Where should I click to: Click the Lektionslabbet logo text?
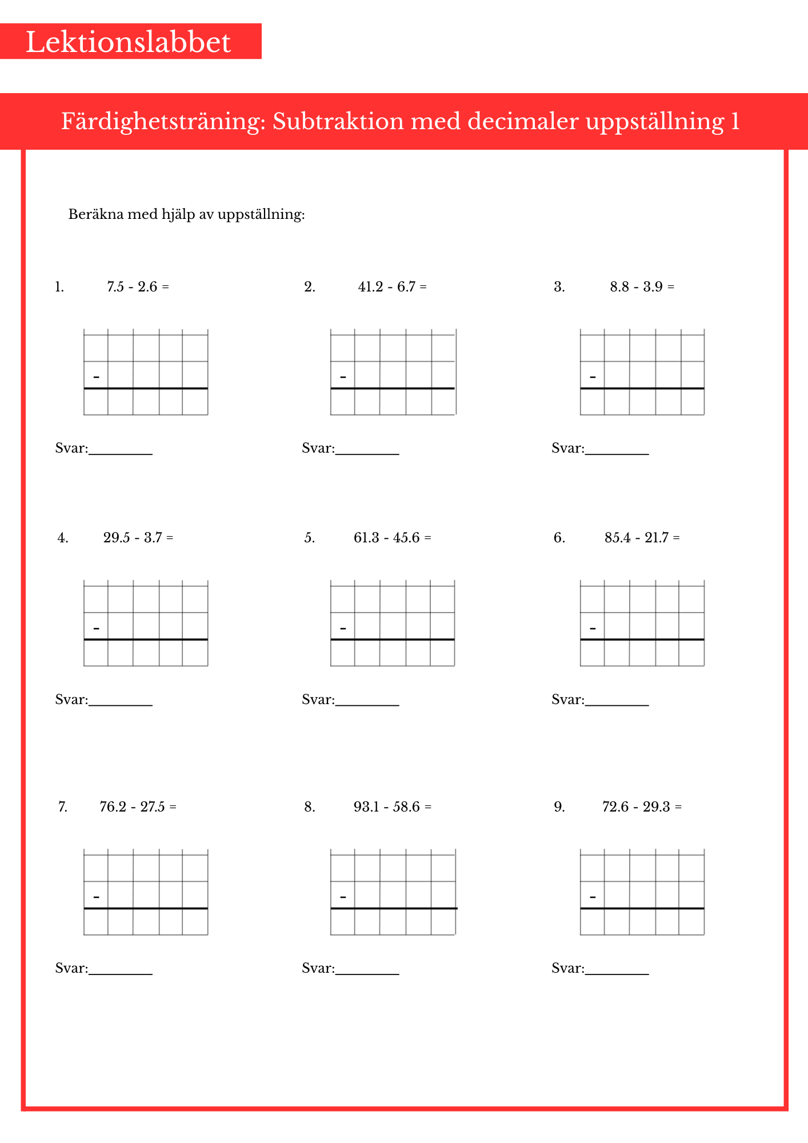128,42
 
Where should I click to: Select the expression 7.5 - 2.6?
132,287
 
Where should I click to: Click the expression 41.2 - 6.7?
386,287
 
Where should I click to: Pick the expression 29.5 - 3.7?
133,538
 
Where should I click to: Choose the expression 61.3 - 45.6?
386,538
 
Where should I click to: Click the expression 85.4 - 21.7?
636,538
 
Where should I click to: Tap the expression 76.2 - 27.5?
132,807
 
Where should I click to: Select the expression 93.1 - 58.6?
386,807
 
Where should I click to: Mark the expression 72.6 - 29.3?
636,807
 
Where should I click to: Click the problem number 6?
559,538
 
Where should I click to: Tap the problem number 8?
309,807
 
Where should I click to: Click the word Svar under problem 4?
71,700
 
